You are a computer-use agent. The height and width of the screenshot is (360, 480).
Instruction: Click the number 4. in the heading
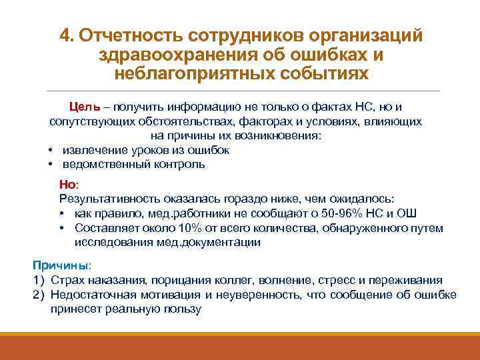click(x=66, y=35)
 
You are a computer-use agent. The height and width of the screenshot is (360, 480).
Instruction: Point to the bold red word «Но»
click(x=68, y=185)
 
